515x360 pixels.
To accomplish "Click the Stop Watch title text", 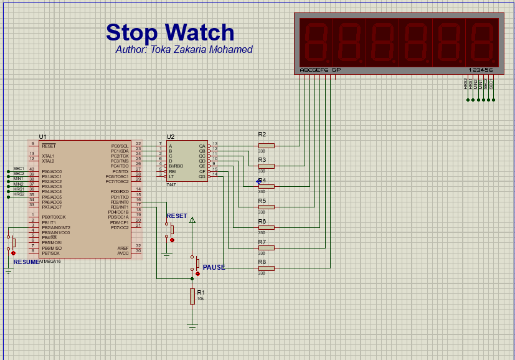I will pos(170,32).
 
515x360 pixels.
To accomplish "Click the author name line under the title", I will pos(184,50).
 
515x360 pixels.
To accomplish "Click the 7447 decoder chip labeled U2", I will pos(186,161).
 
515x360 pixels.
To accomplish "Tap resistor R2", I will pos(266,146).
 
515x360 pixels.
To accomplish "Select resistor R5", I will pos(266,207).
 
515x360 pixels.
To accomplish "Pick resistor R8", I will pos(266,268).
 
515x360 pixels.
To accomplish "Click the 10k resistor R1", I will pos(192,296).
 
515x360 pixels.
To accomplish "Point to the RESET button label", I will pos(177,216).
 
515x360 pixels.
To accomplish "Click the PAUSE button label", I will pos(214,267).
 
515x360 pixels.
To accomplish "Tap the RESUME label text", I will pos(26,262).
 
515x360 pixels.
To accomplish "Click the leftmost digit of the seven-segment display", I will pos(316,42).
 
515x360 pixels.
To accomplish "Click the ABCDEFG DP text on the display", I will pos(320,70).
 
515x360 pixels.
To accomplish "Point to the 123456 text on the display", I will pos(480,70).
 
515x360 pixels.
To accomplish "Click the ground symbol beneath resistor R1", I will pos(192,326).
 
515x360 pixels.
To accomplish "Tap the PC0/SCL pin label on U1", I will pos(120,146).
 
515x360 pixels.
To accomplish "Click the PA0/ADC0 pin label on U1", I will pos(52,171).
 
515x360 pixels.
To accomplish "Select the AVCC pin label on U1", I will pos(123,253).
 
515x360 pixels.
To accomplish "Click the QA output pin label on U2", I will pos(202,146).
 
